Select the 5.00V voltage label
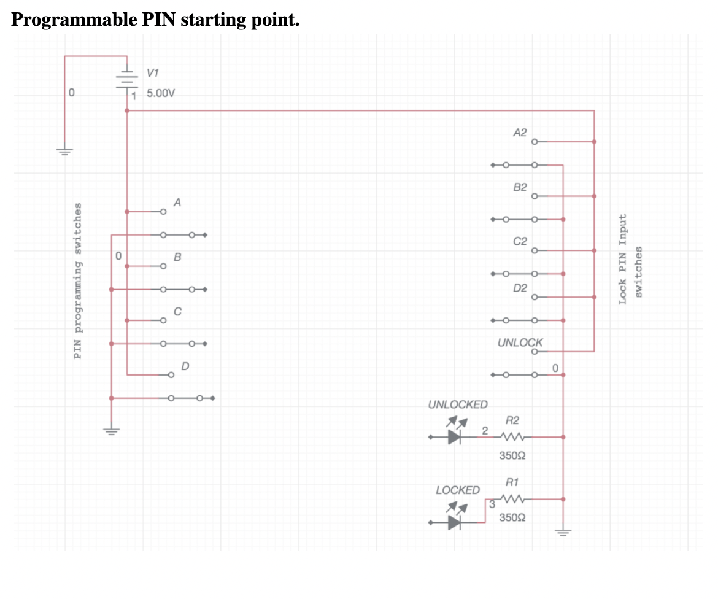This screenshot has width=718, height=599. pos(161,94)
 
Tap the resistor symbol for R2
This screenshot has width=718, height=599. pos(512,437)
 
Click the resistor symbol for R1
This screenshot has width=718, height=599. pos(512,499)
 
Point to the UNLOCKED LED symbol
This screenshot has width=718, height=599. pos(455,436)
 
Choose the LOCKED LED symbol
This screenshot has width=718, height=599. pos(455,522)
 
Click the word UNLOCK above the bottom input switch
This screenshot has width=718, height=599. pos(520,342)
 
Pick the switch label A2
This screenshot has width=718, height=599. pos(519,132)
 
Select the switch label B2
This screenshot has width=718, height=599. pos(519,187)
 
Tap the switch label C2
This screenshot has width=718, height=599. pos(519,241)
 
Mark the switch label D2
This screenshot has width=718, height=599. pos(519,288)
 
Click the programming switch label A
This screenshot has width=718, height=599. pos(177,202)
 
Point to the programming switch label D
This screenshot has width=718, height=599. pos(185,366)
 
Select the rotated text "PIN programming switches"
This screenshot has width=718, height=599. pos(77,280)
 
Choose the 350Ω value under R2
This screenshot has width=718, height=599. pos(512,456)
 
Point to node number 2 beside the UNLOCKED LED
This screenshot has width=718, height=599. pos(485,430)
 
